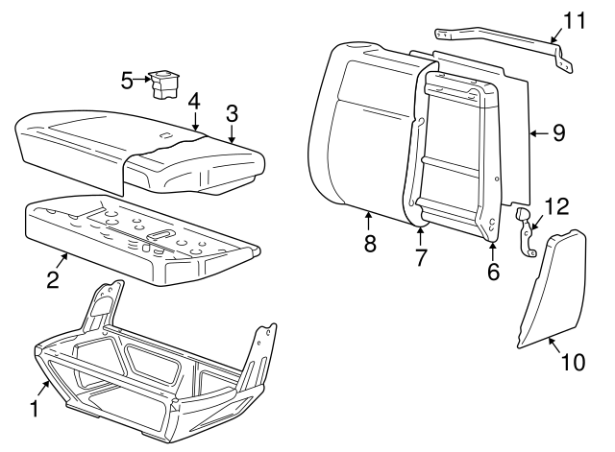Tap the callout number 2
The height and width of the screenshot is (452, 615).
click(x=54, y=279)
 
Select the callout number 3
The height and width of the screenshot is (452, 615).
click(x=231, y=112)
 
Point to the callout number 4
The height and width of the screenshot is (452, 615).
click(x=193, y=100)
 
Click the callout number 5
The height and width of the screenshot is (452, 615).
click(x=127, y=80)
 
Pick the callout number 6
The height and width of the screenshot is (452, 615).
click(x=493, y=272)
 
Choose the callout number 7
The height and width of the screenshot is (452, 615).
click(x=420, y=257)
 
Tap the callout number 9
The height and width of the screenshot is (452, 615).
click(x=558, y=133)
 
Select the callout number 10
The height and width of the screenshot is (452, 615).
click(x=572, y=363)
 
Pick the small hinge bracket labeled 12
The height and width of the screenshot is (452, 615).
click(x=528, y=233)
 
